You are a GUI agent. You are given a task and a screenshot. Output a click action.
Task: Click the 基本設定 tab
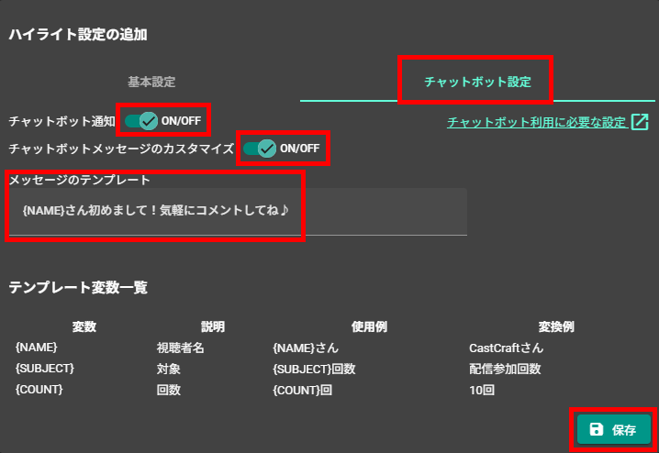[x=151, y=82]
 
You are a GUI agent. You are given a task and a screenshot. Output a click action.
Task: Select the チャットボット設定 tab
[x=477, y=82]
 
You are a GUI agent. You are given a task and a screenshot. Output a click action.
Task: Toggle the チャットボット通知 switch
[x=141, y=121]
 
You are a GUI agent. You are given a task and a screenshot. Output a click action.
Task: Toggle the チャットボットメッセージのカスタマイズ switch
[x=260, y=149]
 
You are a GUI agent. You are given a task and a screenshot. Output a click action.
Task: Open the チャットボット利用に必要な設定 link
[x=537, y=122]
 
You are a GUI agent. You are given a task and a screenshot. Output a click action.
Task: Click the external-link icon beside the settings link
[x=640, y=122]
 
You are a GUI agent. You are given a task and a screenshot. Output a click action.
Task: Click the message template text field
[x=238, y=211]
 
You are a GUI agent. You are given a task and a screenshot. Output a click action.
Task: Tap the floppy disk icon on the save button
[x=596, y=429]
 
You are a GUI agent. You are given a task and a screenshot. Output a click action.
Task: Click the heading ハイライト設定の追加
[x=78, y=35]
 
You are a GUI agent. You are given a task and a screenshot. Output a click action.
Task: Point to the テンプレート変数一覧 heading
[x=78, y=288]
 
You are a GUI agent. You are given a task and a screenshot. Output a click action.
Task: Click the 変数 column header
[x=84, y=326]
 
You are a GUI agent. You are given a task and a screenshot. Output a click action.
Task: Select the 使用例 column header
[x=369, y=326]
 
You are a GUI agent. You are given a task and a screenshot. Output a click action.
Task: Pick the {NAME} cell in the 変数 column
[x=36, y=348]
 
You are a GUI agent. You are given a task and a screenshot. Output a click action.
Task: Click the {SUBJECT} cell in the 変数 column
[x=45, y=369]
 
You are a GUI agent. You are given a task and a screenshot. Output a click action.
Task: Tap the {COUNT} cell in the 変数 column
[x=39, y=390]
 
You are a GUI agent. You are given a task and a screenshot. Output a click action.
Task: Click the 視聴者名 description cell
[x=180, y=348]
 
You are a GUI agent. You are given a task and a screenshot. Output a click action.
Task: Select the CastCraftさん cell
[x=506, y=348]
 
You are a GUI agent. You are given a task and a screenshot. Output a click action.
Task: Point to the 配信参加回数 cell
[x=505, y=369]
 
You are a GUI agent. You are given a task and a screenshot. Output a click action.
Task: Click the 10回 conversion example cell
[x=482, y=390]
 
